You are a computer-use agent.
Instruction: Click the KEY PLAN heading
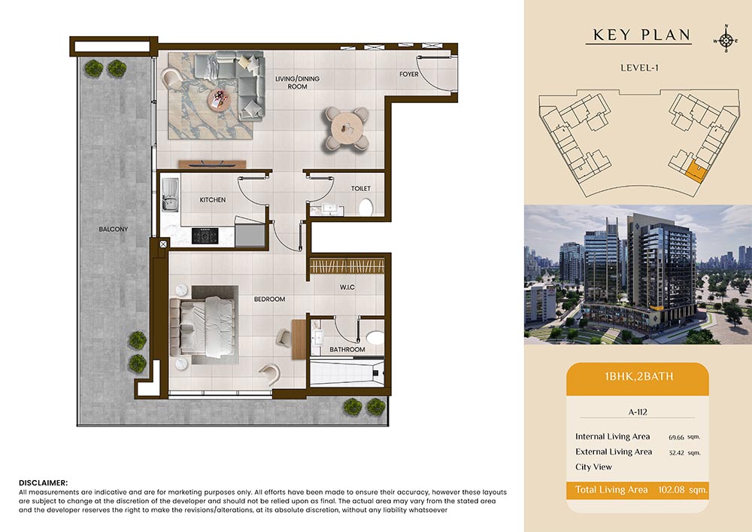[641, 35]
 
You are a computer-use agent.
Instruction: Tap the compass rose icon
[726, 41]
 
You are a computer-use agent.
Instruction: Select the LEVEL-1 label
[639, 68]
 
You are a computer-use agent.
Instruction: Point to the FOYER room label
[409, 74]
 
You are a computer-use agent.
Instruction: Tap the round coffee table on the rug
[219, 100]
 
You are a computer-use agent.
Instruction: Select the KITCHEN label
[213, 199]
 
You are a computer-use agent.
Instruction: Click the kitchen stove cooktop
[205, 236]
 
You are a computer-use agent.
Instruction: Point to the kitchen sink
[170, 194]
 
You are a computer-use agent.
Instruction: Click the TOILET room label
[361, 189]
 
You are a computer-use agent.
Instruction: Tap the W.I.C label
[347, 287]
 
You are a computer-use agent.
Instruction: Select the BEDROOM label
[269, 299]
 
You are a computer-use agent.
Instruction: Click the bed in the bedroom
[203, 327]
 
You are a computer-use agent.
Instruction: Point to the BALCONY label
[114, 230]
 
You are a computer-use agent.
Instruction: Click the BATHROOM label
[347, 349]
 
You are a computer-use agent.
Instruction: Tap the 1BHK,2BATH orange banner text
[638, 376]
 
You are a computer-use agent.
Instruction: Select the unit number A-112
[638, 412]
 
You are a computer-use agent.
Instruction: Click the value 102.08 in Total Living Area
[671, 490]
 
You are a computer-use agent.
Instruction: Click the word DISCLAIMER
[43, 482]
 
